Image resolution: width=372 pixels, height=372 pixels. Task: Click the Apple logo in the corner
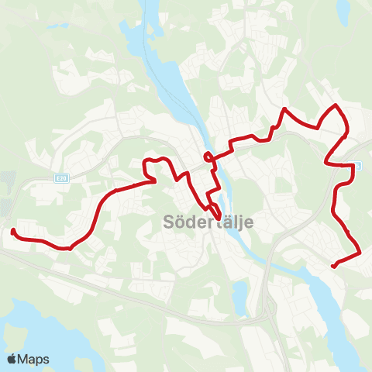(x=12, y=360)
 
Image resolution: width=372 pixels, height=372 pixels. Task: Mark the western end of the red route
(x=12, y=231)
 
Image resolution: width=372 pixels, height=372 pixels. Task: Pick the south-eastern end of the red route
(x=333, y=266)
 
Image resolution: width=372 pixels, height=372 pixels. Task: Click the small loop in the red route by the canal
(x=208, y=157)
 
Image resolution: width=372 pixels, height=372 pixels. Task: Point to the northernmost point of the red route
(x=335, y=105)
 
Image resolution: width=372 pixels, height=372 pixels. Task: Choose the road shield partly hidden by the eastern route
(x=357, y=165)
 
